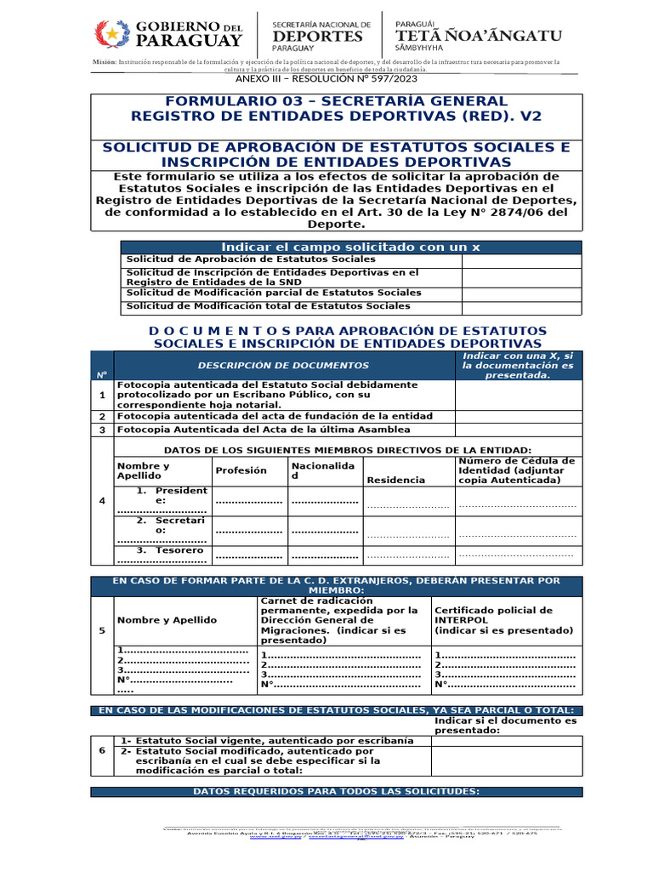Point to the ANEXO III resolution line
[x=326, y=78]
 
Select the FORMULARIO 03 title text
[x=336, y=101]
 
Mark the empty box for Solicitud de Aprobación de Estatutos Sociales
[x=521, y=259]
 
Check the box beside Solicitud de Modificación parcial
[x=521, y=293]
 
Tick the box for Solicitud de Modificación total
[x=521, y=306]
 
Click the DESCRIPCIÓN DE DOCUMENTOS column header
[x=283, y=365]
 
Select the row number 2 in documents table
[x=102, y=417]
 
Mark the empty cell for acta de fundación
[x=519, y=417]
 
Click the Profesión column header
[x=241, y=470]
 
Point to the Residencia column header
[x=395, y=480]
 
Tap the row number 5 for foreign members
[x=102, y=630]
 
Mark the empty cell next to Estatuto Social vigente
[x=506, y=741]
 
